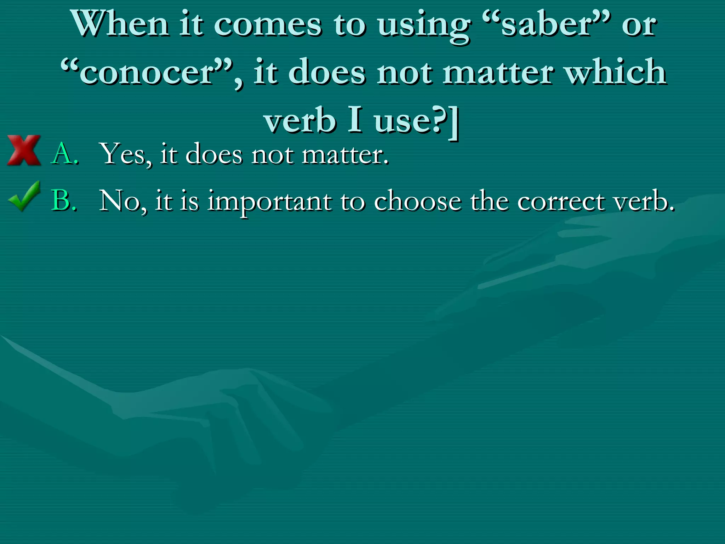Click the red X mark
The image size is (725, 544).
click(24, 150)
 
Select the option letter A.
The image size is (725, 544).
click(64, 154)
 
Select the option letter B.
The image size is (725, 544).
click(64, 200)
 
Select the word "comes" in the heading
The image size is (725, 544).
click(268, 25)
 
